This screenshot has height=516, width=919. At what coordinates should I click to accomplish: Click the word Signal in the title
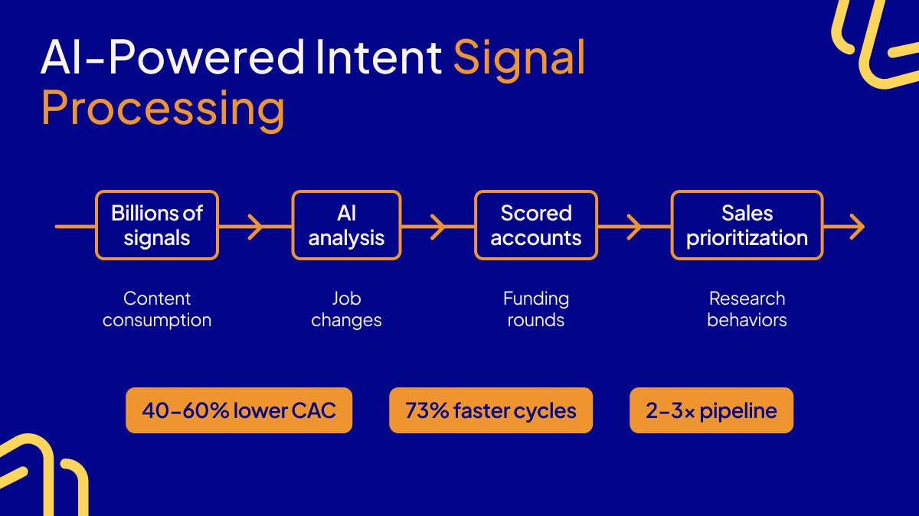coord(519,57)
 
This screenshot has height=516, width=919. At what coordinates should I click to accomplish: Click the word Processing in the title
coord(162,109)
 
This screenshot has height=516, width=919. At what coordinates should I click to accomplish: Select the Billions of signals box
coord(157,225)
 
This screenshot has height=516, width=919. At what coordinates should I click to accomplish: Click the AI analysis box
coord(346,225)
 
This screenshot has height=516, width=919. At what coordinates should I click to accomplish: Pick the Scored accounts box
coord(536,225)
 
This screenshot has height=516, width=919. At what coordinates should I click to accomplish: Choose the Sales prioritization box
coord(747,225)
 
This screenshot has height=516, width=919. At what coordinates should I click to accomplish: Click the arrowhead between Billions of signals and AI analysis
coord(256,227)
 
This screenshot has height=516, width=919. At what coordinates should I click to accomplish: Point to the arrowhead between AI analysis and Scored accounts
coord(438,227)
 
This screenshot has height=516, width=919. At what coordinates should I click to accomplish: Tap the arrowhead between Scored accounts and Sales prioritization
coord(634,227)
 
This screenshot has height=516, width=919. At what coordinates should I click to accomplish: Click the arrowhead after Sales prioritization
coord(857,227)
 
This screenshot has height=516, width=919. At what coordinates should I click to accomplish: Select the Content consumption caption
coord(157,309)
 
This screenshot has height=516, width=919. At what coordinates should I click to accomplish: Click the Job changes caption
coord(346,309)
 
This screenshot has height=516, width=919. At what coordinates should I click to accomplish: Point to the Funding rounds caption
coord(536,309)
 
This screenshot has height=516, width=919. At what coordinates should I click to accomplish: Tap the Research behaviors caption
coord(747,309)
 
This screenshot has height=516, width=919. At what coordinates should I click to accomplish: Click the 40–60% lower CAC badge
coord(239,410)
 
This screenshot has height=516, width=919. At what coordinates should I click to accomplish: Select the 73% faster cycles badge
coord(491,410)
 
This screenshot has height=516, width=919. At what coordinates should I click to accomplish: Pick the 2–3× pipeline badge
coord(711,410)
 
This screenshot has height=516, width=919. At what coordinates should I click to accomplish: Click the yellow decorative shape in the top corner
coord(881,42)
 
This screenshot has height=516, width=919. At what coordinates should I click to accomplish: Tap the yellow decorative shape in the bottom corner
coord(38,475)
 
